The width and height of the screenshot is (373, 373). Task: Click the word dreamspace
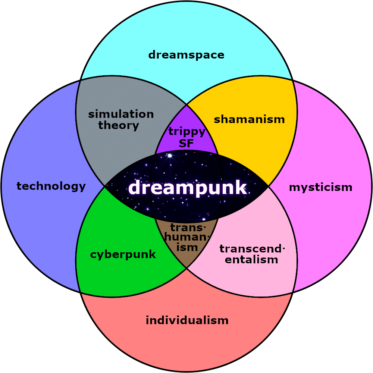[x=186, y=55]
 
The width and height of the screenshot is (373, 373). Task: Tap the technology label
[x=51, y=186]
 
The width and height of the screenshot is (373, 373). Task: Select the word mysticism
[x=321, y=188]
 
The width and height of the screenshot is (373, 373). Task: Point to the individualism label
[x=187, y=320]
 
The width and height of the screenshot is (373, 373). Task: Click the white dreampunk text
[x=188, y=188]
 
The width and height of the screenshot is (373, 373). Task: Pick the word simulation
[x=121, y=114]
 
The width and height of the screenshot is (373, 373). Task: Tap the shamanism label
[x=249, y=119]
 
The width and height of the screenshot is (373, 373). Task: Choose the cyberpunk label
[x=123, y=255]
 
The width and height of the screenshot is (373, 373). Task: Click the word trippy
[x=187, y=132]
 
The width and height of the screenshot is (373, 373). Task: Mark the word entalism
[x=251, y=260]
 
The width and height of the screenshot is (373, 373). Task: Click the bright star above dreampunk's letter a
[x=170, y=156]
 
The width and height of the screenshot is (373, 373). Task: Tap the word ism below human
[x=187, y=248]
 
